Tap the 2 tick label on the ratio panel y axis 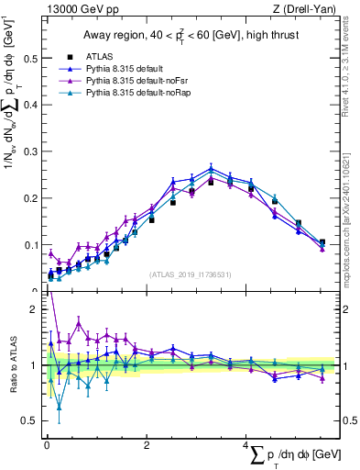point(33,310)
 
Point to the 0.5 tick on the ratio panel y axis point(28,421)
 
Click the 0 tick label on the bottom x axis point(47,445)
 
